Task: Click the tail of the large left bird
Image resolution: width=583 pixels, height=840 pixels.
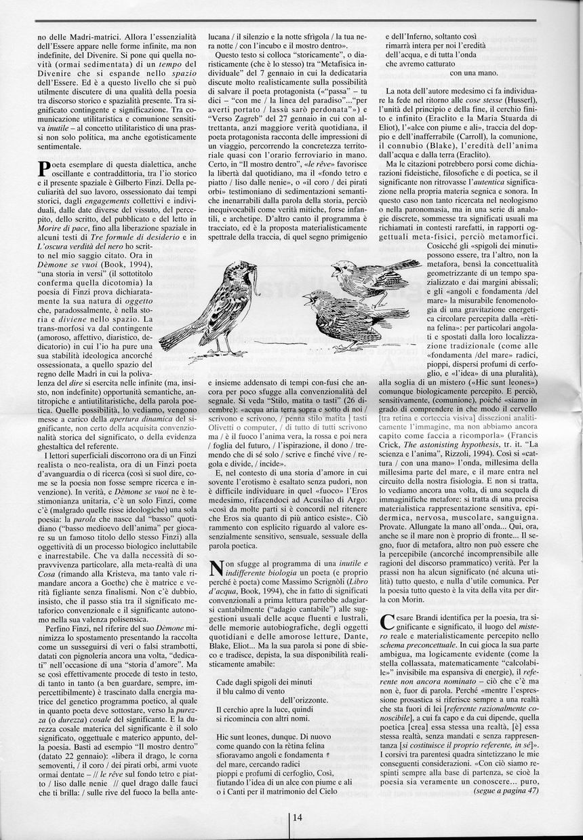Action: tap(178, 337)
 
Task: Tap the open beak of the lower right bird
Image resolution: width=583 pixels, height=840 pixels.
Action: tap(309, 297)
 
